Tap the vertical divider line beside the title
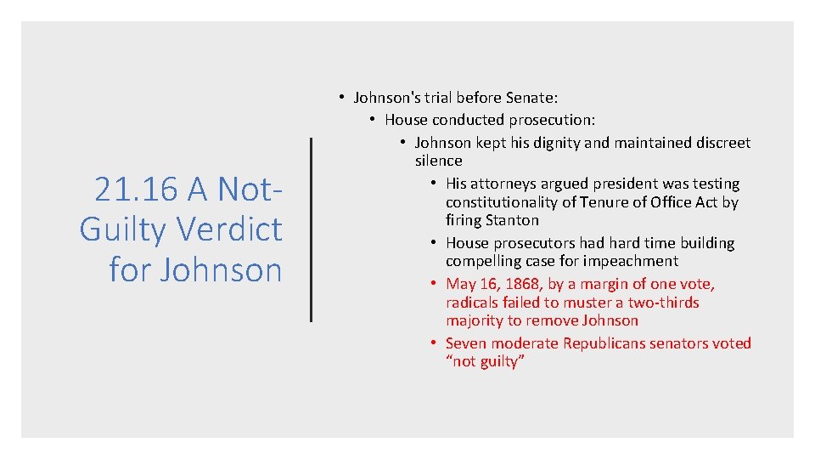(x=312, y=229)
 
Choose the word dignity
(x=555, y=143)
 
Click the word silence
(x=438, y=161)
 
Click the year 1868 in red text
(x=521, y=284)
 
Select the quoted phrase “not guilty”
(x=486, y=362)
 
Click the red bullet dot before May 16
(x=433, y=284)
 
